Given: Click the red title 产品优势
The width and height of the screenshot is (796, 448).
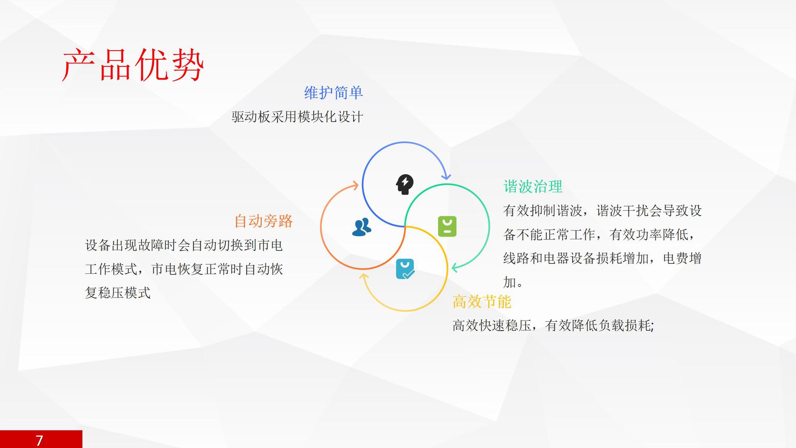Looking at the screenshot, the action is [133, 65].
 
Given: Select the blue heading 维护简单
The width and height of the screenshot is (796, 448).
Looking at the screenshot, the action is [334, 93].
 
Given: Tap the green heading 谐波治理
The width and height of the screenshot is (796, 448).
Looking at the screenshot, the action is [533, 187].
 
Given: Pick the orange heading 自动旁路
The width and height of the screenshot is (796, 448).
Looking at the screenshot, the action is [263, 221].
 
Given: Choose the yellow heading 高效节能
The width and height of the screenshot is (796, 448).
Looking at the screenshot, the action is [482, 302].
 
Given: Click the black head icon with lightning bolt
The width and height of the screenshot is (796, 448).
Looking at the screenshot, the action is [405, 184].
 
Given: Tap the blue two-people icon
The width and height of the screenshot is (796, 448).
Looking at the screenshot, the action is [362, 227].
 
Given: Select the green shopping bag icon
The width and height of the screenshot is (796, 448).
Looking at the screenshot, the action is [447, 226].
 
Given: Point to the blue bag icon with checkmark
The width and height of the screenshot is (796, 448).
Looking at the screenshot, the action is [405, 269].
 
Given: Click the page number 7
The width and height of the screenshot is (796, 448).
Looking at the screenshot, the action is [39, 440].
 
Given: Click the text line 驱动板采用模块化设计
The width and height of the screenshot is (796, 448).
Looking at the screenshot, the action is [297, 117].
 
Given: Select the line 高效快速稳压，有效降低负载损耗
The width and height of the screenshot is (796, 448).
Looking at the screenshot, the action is [553, 326].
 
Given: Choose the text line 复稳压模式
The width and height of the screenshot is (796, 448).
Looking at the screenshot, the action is [118, 293].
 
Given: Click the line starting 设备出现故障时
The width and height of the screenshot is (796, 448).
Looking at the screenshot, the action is [184, 245].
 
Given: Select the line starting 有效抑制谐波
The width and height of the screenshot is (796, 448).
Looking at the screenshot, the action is [602, 211].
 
